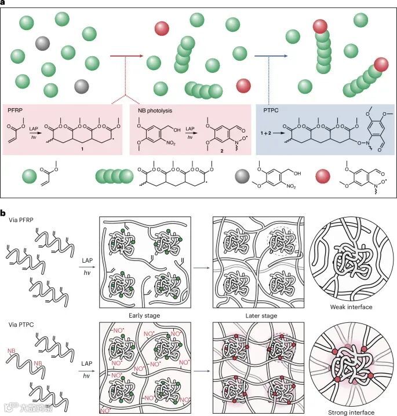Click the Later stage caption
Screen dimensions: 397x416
[x=261, y=316]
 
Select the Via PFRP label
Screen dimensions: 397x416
[x=21, y=220]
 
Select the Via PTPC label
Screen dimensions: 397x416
[x=21, y=323]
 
